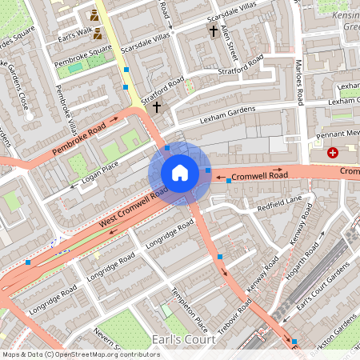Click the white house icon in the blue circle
[180, 172]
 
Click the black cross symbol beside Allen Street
[213, 31]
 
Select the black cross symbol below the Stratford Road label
[157, 106]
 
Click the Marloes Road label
[299, 79]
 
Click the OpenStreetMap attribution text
[80, 354]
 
